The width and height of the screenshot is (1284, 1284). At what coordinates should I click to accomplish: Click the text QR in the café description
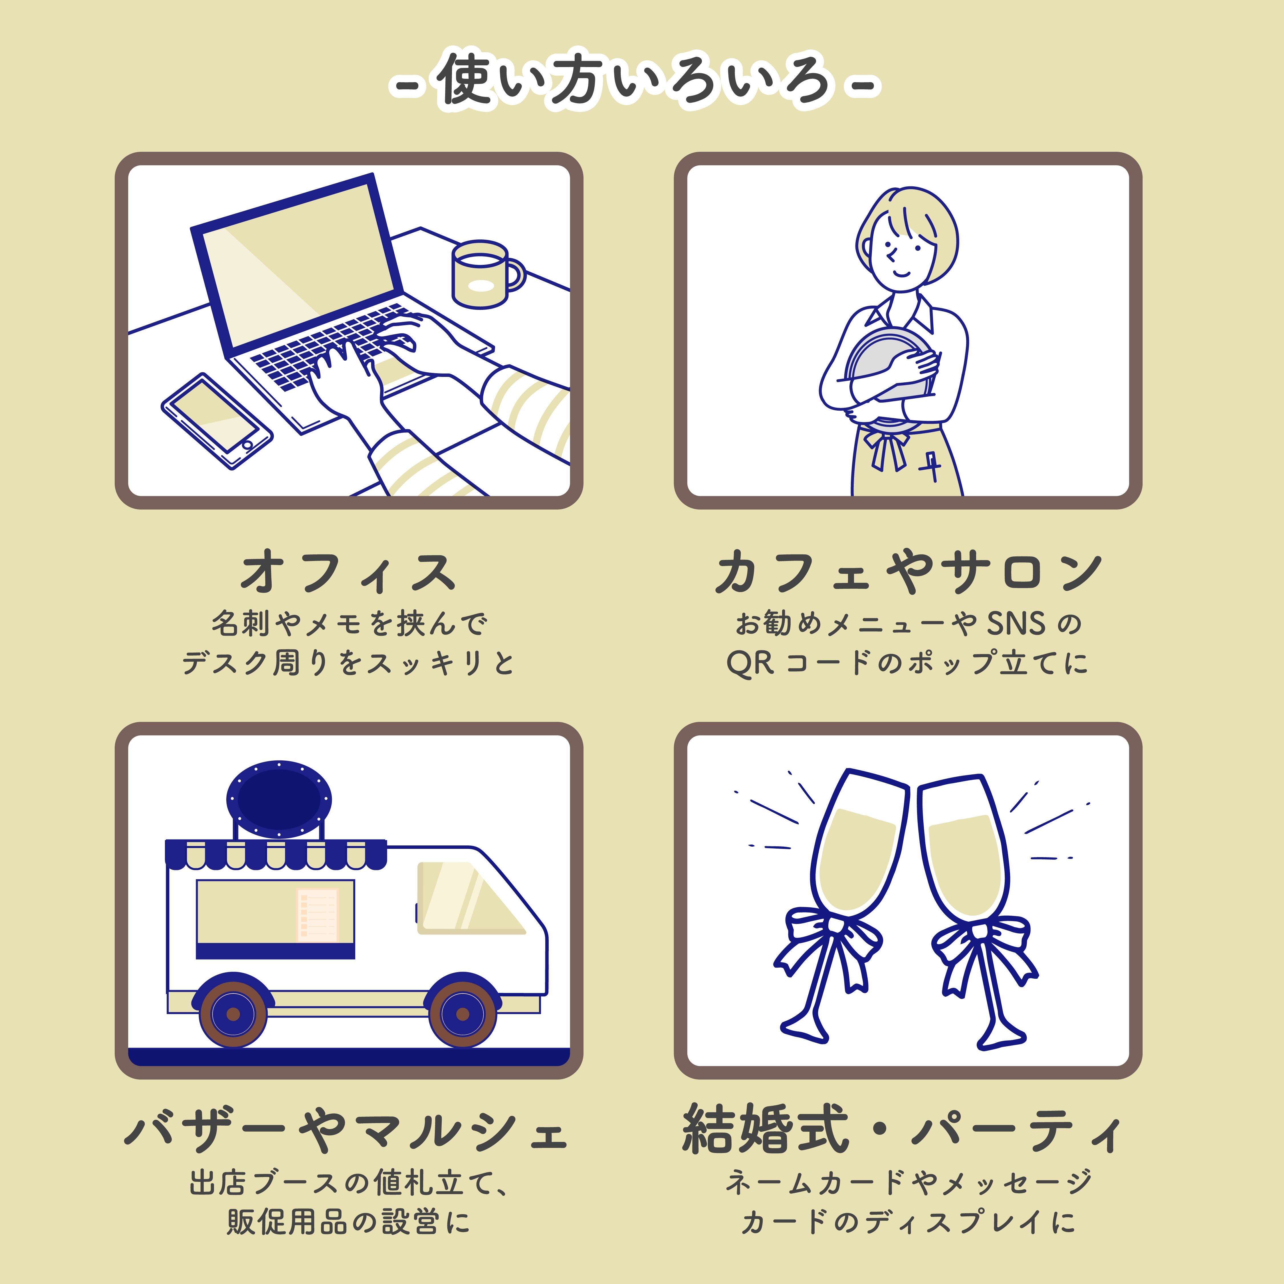tap(750, 663)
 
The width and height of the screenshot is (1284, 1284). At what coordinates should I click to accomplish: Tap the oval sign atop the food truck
tap(279, 799)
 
